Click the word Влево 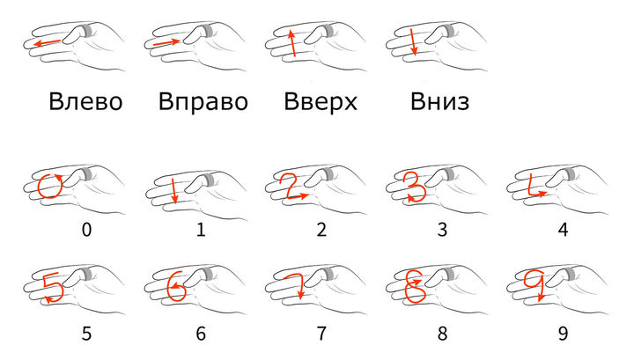(85, 101)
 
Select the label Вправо (203, 101)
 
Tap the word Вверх (321, 101)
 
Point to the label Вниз (440, 101)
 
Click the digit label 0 (86, 230)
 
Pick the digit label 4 (563, 230)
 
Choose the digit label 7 (321, 334)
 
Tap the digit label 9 (563, 334)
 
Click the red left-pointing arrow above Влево (48, 42)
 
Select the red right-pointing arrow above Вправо (166, 42)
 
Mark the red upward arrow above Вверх (292, 43)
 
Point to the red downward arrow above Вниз (412, 41)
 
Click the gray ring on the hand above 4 (569, 173)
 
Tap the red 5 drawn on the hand (53, 288)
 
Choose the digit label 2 (321, 230)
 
